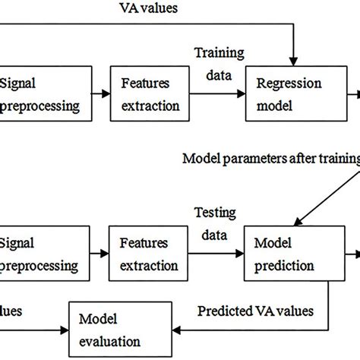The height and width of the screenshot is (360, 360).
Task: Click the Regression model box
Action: pos(286,95)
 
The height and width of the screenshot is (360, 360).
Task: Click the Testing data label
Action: pos(216,223)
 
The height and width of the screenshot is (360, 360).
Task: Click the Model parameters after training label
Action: pos(270,159)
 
